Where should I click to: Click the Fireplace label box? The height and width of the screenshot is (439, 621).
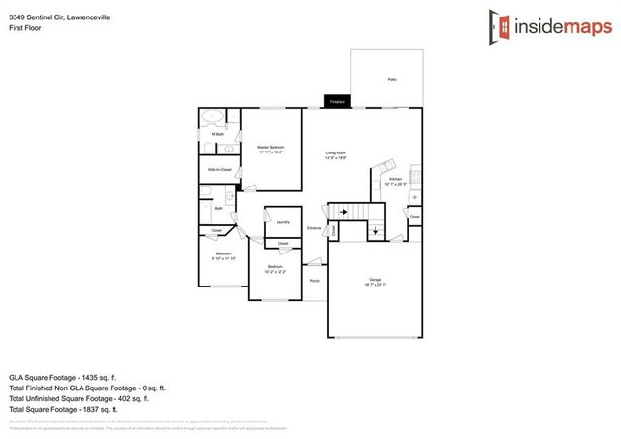point(338,101)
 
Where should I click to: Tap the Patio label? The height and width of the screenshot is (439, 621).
point(392,79)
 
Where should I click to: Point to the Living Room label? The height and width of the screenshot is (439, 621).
point(337,153)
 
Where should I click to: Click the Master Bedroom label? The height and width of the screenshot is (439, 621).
point(272,148)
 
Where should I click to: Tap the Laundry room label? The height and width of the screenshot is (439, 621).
point(282,222)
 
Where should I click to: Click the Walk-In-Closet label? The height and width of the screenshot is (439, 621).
point(220,170)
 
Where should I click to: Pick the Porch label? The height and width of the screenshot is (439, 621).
point(314,281)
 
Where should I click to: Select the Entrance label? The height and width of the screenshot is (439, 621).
point(313,228)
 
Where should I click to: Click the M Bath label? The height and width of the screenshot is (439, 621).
point(219,134)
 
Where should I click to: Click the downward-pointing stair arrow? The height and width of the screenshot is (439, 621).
point(374,232)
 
